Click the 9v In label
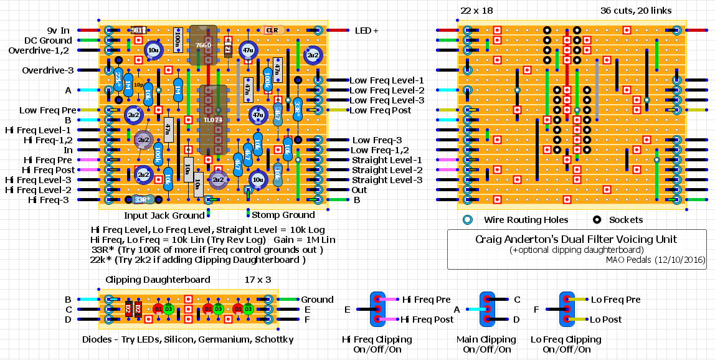tap(58, 30)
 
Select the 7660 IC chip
tap(203, 45)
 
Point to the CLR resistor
tap(272, 30)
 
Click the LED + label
tap(366, 30)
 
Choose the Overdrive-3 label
tap(48, 70)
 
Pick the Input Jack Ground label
tap(164, 216)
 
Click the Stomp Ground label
tap(283, 216)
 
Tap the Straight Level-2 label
tap(387, 170)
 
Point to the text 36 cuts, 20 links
tap(636, 11)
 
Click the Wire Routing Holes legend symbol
tap(468, 220)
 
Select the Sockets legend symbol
tap(597, 220)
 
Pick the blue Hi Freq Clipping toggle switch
tap(377, 310)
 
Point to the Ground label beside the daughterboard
tap(317, 300)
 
